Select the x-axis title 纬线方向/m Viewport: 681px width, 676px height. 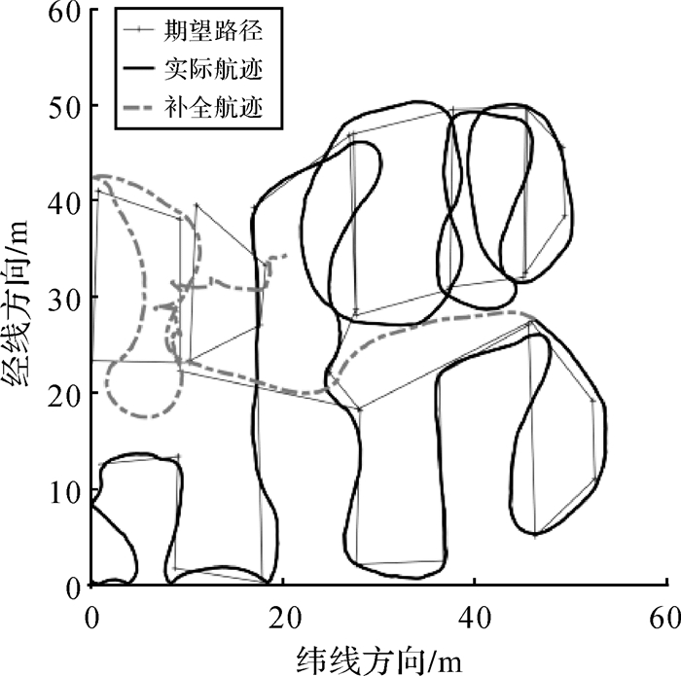click(x=379, y=658)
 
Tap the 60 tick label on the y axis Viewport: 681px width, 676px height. click(x=63, y=12)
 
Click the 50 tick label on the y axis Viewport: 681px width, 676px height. click(x=63, y=105)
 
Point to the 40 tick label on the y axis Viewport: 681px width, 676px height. click(x=63, y=201)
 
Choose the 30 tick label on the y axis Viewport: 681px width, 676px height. click(x=63, y=298)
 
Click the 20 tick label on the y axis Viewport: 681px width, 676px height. click(x=63, y=394)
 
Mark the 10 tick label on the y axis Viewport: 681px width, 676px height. click(x=63, y=490)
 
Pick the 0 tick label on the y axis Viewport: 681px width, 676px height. click(x=71, y=586)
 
